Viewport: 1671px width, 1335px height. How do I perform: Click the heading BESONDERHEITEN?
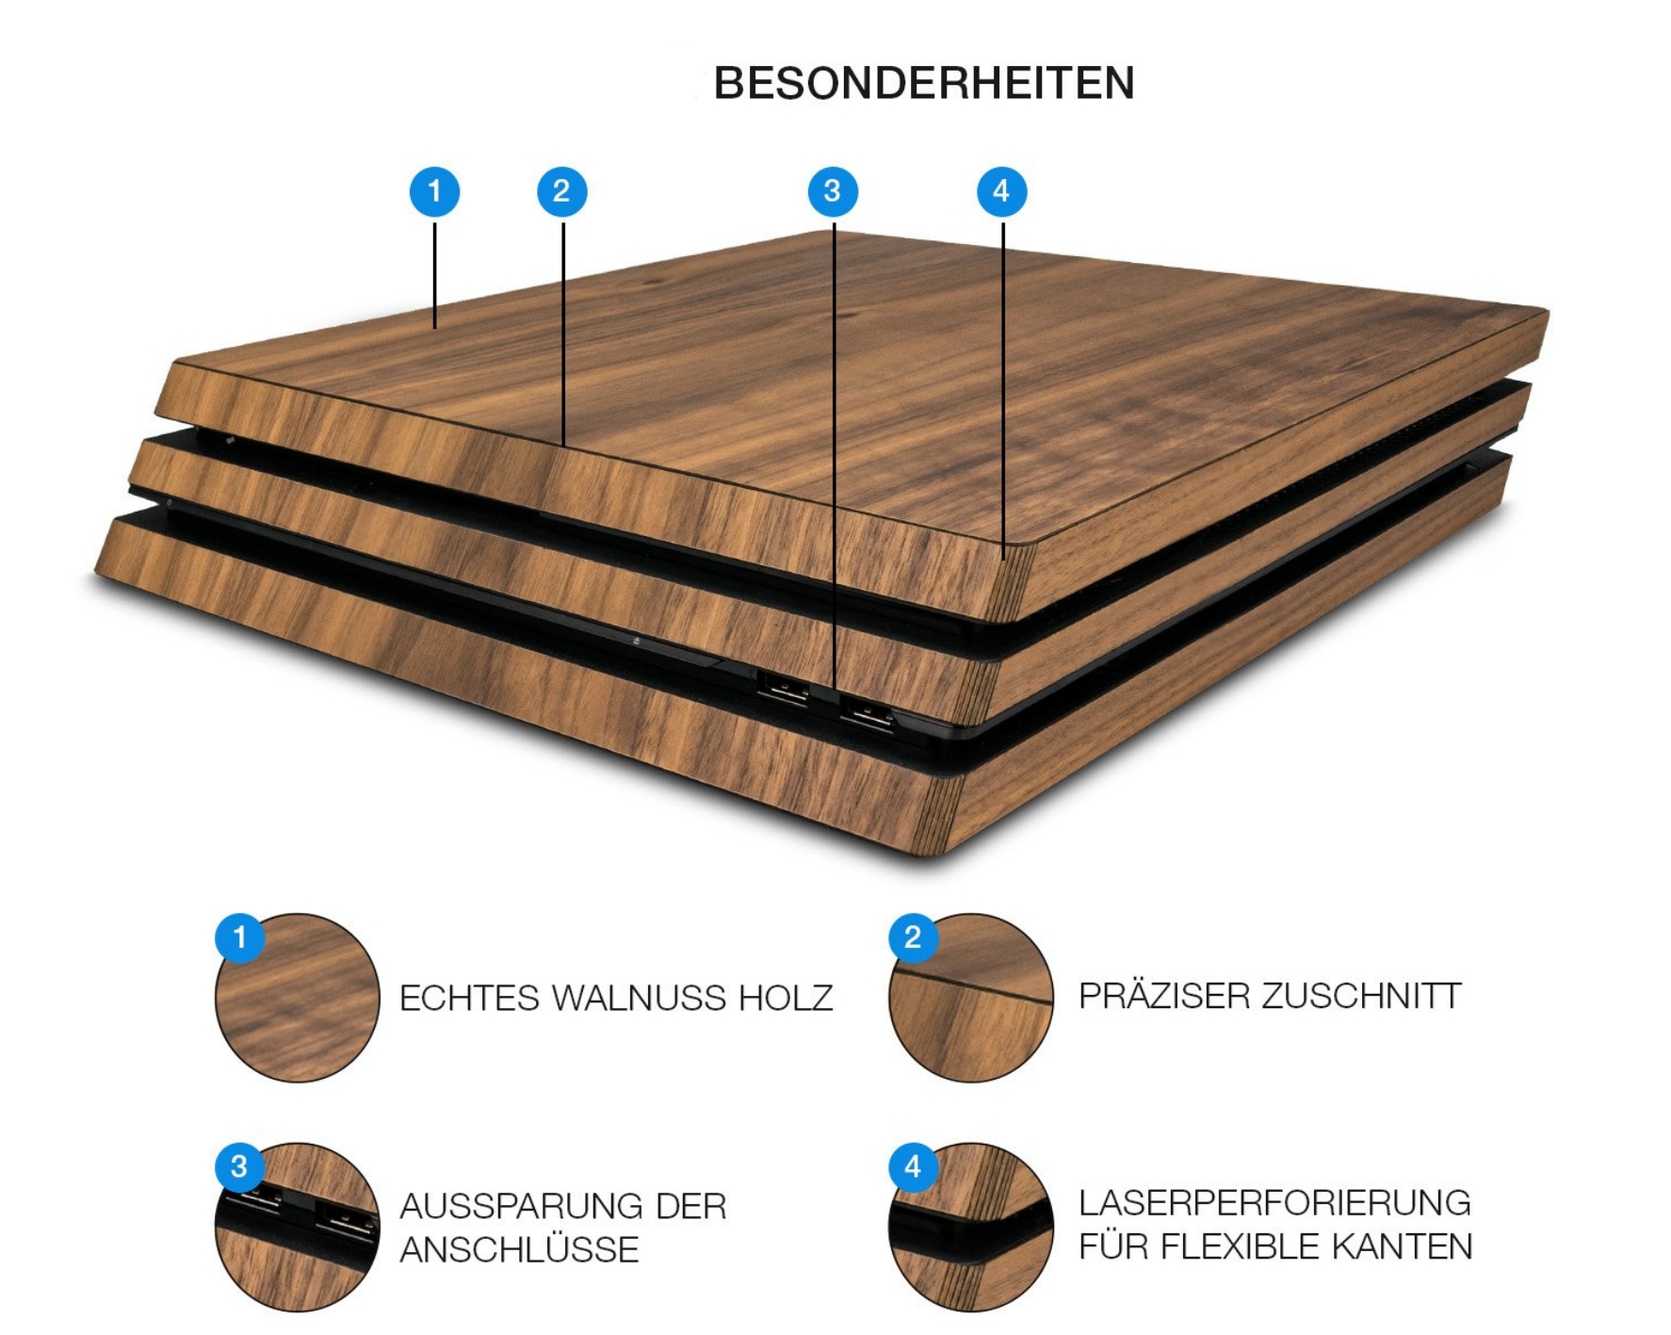[924, 83]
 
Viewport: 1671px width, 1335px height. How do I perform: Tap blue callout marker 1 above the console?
[434, 192]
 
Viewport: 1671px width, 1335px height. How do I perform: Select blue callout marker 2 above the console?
[562, 192]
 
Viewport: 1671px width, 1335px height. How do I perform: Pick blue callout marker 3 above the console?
[833, 192]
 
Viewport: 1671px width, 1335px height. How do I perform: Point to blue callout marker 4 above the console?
[1002, 192]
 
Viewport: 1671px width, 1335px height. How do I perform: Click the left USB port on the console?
[783, 688]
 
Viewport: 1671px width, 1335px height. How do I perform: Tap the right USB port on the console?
[867, 713]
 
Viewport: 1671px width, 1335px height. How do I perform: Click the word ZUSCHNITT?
[1362, 996]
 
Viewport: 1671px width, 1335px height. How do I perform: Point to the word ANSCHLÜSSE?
[520, 1248]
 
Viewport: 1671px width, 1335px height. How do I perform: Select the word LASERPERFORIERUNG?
[1275, 1202]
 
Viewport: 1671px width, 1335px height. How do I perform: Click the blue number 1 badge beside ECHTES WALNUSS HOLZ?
[240, 937]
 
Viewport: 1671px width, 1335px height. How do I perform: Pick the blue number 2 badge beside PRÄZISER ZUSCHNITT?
[913, 937]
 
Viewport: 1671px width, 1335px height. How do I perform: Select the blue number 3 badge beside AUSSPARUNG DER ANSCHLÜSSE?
[240, 1166]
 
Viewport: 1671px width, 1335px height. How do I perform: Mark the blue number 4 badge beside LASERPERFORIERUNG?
[913, 1166]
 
